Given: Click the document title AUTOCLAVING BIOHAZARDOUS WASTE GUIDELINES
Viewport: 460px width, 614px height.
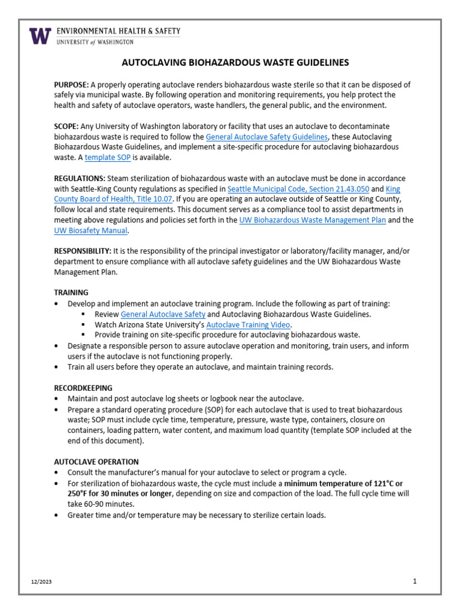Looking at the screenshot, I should point(235,62).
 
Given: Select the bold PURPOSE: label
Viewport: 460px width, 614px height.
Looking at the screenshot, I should point(72,85).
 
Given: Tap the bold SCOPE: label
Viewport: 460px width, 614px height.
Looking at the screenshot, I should point(67,126).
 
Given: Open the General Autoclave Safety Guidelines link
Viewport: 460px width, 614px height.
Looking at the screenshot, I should point(267,137).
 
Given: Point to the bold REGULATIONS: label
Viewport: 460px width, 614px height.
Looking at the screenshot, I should point(80,179).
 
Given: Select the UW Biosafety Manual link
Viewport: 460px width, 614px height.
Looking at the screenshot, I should point(90,231).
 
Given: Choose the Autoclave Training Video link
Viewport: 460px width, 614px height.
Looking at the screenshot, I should point(248,324).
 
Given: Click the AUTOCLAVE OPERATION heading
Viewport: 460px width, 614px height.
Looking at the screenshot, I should point(96,462).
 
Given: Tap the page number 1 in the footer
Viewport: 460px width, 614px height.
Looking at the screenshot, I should point(414,582).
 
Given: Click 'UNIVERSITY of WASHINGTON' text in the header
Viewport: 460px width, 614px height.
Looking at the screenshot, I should point(95,42).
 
